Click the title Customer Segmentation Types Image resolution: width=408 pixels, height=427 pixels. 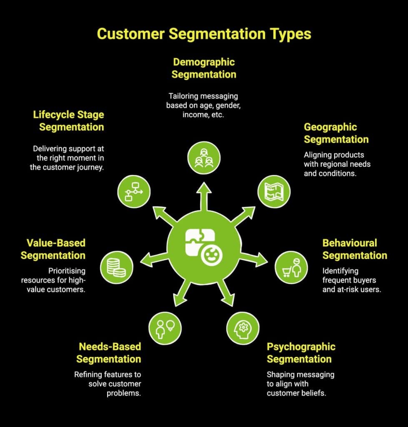pyautogui.click(x=204, y=34)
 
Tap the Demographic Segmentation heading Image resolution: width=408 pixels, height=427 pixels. pyautogui.click(x=204, y=68)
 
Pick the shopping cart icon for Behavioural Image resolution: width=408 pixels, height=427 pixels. pyautogui.click(x=291, y=267)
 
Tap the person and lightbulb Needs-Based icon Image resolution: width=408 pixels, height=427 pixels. pyautogui.click(x=165, y=328)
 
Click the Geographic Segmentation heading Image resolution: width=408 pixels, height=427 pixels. pyautogui.click(x=336, y=133)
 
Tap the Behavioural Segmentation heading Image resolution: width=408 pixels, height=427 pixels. pyautogui.click(x=355, y=249)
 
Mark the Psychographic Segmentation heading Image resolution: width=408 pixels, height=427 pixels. pyautogui.click(x=301, y=353)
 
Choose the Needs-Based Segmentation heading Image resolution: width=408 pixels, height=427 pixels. pyautogui.click(x=109, y=353)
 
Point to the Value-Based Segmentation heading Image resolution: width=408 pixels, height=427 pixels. pyautogui.click(x=53, y=249)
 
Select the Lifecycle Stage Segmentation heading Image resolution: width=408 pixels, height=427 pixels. pyautogui.click(x=69, y=121)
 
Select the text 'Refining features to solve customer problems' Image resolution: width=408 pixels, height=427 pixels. pyautogui.click(x=108, y=384)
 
